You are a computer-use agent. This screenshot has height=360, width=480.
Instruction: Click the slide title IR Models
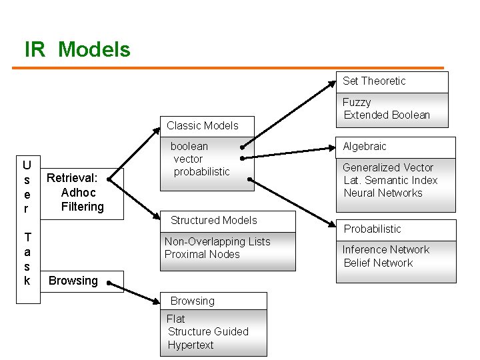77,49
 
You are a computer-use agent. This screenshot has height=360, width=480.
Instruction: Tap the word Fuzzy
357,102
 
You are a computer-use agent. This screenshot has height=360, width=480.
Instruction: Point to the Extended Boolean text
387,115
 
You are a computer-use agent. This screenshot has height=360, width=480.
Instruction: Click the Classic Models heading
202,125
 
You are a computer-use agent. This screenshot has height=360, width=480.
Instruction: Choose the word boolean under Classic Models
189,146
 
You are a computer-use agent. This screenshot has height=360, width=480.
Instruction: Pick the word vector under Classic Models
188,159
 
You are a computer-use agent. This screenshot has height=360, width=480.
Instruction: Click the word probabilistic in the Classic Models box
201,171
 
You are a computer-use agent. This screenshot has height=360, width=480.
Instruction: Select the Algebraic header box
365,147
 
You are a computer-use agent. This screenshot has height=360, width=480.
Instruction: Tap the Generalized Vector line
388,167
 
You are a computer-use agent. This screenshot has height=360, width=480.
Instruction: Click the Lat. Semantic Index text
390,180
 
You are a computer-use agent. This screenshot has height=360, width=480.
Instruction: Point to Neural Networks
383,193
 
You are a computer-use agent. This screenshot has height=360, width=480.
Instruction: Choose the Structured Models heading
213,220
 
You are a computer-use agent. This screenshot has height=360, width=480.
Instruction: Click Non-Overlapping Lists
217,241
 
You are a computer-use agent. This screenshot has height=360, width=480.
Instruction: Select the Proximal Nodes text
202,254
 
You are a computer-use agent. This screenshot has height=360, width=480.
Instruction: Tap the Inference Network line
385,249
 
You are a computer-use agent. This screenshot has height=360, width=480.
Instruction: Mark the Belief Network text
378,263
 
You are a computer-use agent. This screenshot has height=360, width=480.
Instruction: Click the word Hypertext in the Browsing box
191,345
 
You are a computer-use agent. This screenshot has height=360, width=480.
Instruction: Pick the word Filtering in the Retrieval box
83,207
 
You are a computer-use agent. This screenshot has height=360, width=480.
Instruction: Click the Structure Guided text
208,331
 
